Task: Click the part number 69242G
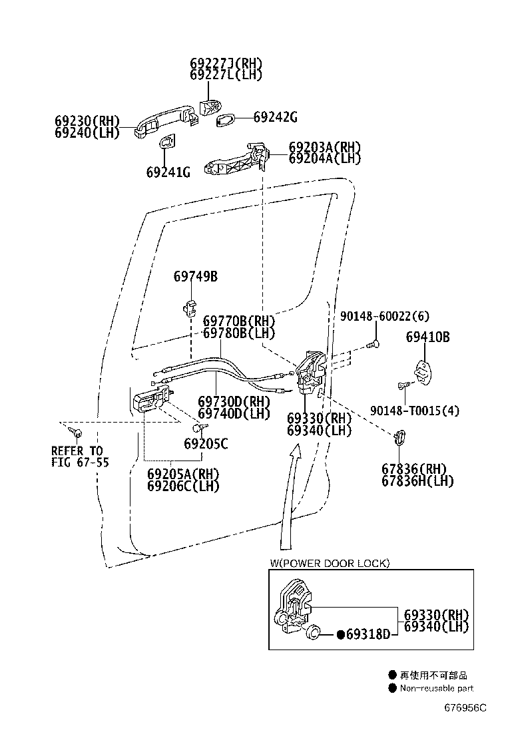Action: coord(276,117)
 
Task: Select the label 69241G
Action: coord(168,172)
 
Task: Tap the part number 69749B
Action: coord(196,276)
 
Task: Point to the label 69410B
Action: coord(427,337)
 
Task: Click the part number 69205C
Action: coord(206,444)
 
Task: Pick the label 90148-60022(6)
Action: coord(385,316)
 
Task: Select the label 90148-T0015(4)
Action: coord(414,411)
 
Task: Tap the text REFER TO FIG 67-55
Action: coord(80,457)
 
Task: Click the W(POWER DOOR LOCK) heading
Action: coord(330,563)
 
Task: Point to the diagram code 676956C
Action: coord(465,707)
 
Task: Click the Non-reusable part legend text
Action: coord(437,688)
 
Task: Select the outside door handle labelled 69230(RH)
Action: coord(165,122)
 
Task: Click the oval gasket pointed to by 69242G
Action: coord(225,119)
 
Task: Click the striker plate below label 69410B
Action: coord(423,371)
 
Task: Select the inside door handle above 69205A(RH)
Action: coord(152,399)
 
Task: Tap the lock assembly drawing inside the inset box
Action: coord(291,608)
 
